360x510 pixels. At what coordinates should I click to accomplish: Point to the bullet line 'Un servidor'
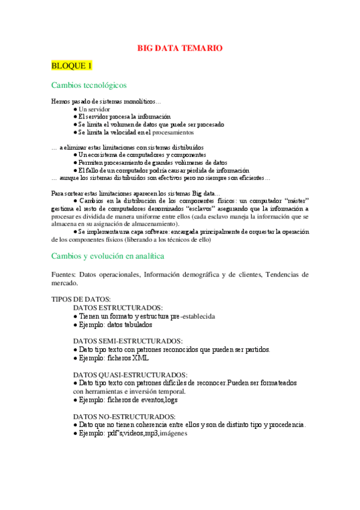click(x=91, y=109)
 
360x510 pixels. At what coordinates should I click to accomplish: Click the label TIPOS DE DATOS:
click(x=81, y=299)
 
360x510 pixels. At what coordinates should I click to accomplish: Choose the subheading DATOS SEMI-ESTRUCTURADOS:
click(x=127, y=341)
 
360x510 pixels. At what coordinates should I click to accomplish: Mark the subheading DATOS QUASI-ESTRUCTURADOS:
click(x=130, y=375)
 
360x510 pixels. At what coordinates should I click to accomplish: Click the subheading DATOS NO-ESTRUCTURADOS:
click(x=124, y=416)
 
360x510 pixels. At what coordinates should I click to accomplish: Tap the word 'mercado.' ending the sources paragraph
click(x=65, y=282)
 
